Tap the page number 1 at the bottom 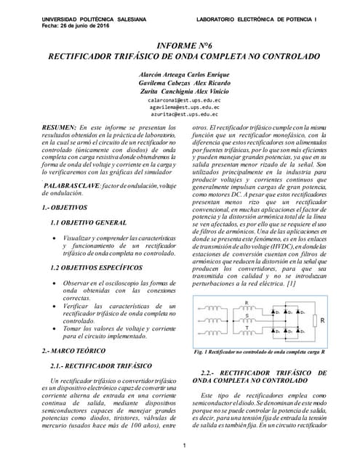pos(185,445)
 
